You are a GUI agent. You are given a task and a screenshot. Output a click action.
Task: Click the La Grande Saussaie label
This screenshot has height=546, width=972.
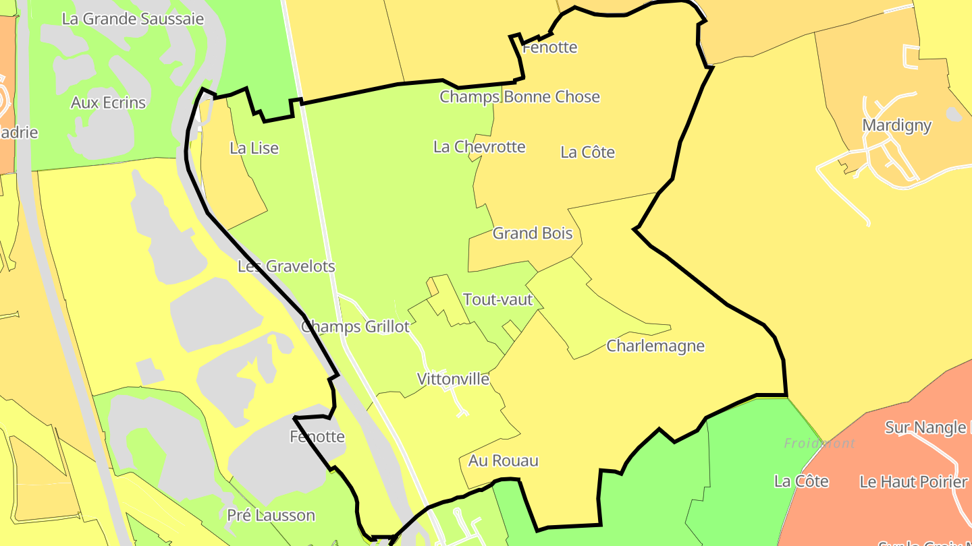coord(132,19)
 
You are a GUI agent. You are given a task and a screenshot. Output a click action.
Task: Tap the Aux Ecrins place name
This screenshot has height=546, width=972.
coord(108,102)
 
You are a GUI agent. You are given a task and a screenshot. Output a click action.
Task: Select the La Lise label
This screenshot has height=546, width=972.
coord(254,148)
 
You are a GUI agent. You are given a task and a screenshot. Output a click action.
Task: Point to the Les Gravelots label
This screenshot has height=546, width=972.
coord(286,266)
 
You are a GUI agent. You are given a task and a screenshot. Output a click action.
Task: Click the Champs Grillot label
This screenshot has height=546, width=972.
coord(355,327)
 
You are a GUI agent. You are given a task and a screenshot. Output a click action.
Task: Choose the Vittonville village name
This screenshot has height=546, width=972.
coord(453,379)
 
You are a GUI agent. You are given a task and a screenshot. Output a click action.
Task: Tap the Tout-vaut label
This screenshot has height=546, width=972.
coord(498,299)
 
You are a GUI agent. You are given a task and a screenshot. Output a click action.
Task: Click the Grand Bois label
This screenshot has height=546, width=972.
coord(533,233)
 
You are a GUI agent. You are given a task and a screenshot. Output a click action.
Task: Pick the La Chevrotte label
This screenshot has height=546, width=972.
coord(479,146)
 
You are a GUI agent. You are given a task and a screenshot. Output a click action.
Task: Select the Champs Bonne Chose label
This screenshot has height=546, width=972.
coord(520,96)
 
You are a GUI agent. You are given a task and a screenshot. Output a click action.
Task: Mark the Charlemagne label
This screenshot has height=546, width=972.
coord(655,346)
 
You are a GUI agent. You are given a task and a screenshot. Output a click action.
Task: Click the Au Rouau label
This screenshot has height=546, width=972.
coord(504,461)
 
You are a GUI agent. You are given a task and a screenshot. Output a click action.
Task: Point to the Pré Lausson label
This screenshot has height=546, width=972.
coord(271,516)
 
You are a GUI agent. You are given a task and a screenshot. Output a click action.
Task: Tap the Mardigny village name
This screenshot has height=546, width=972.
coord(896,125)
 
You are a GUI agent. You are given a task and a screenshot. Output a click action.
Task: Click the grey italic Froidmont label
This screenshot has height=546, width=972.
coord(819,444)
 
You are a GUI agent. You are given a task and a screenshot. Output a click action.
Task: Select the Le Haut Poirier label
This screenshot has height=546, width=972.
coord(913,482)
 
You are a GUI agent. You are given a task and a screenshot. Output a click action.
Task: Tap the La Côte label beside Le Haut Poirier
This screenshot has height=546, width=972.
coord(801,481)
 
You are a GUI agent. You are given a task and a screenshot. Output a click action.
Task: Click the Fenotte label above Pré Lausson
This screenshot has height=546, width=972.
coord(317,437)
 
